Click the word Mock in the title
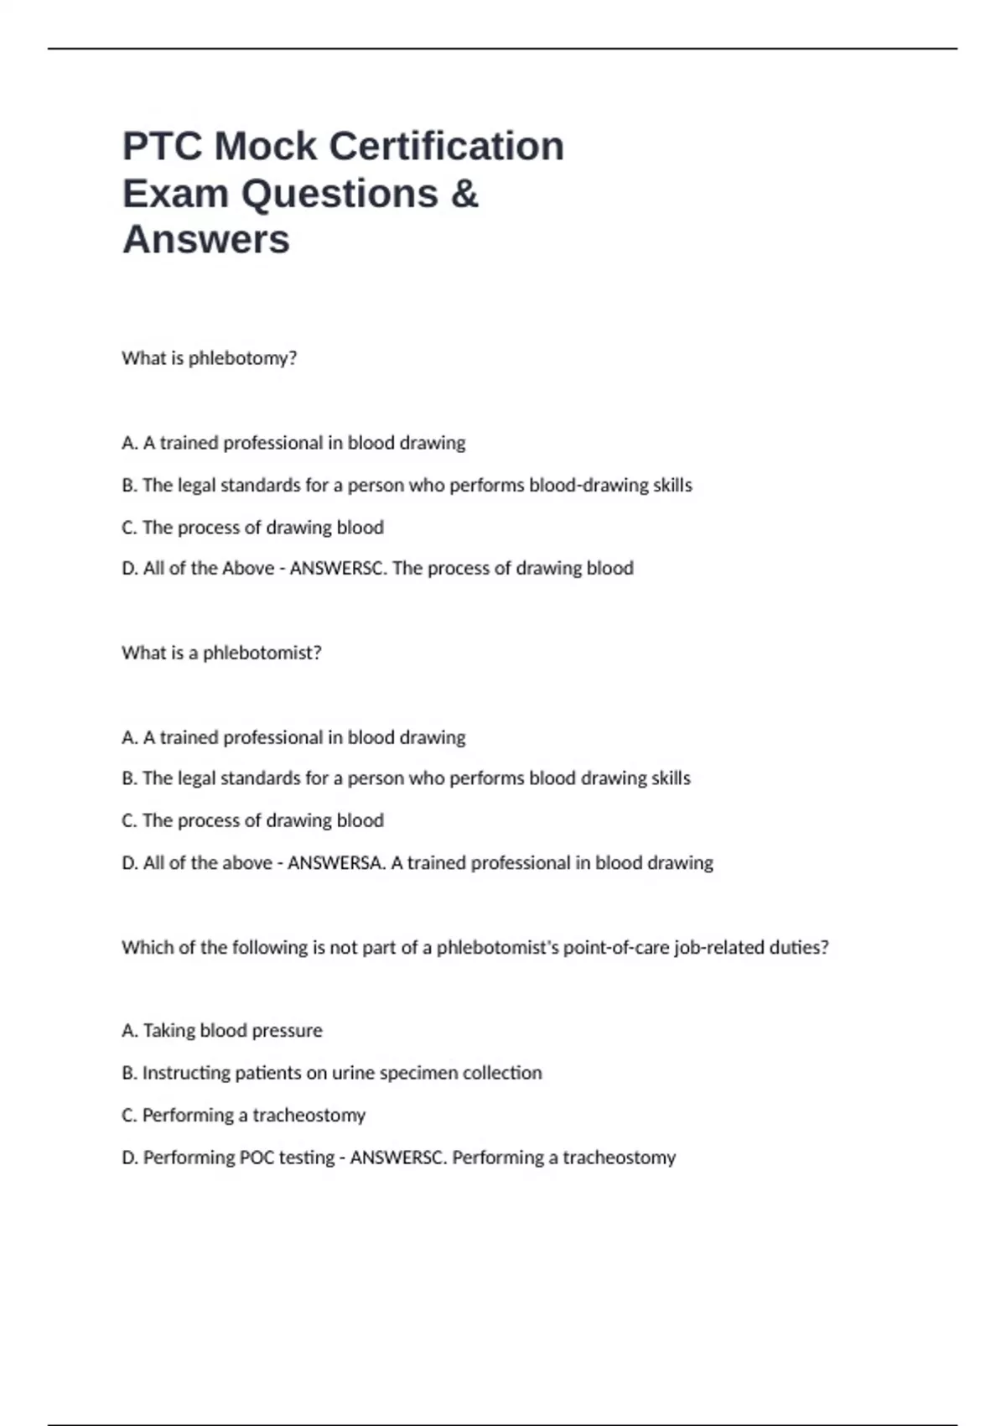(266, 146)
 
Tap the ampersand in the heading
(464, 194)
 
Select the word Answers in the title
(206, 240)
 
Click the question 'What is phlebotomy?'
(210, 358)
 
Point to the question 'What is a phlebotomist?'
(221, 653)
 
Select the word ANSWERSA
(336, 863)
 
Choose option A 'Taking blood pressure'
(222, 1030)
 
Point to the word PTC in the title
(163, 146)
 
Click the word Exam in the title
(176, 194)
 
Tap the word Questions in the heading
(340, 194)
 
